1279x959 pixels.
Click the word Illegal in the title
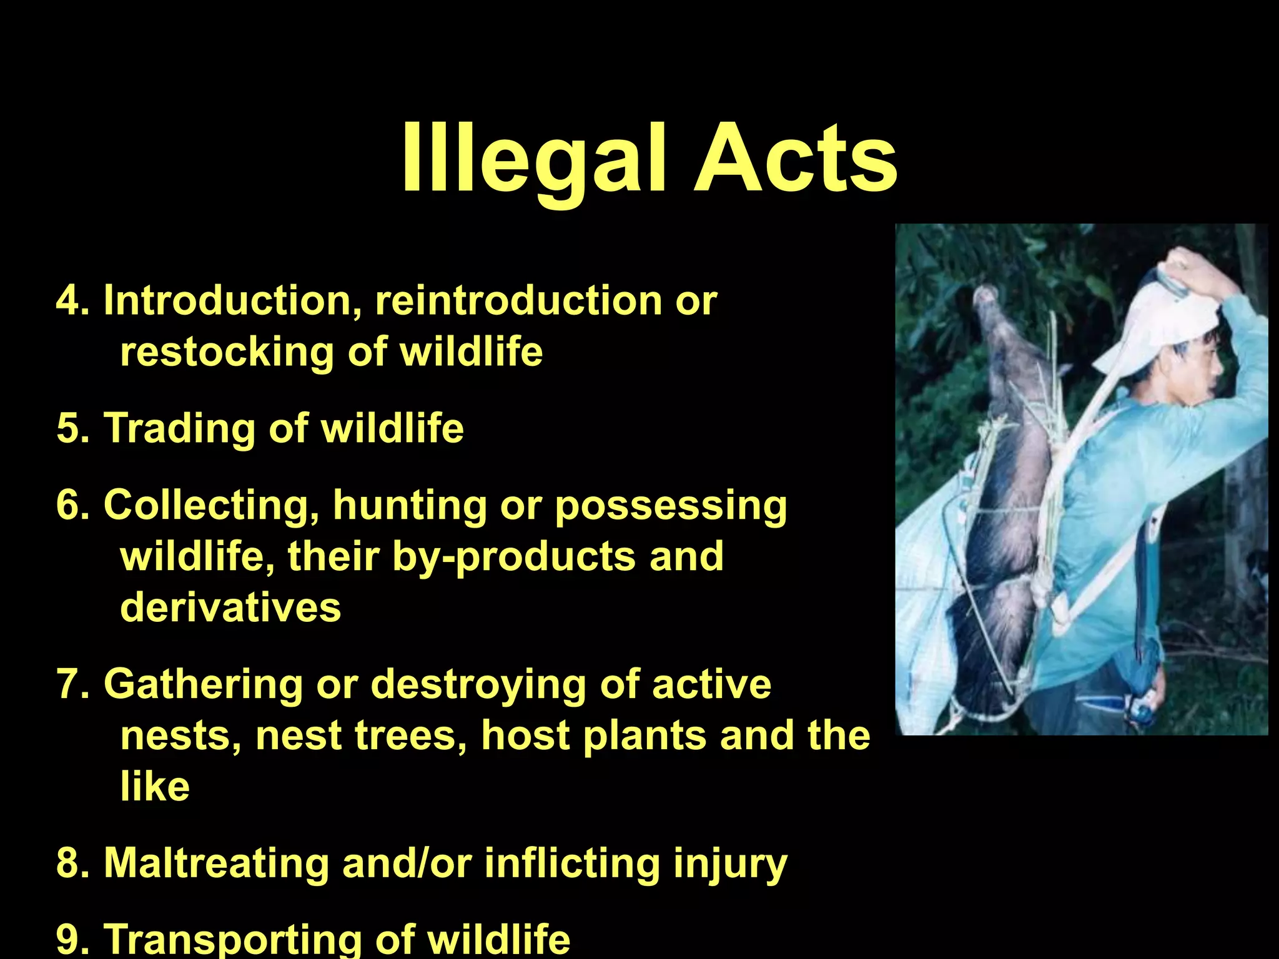pyautogui.click(x=533, y=160)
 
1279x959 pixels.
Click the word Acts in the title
pyautogui.click(x=796, y=160)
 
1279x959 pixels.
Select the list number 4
pyautogui.click(x=70, y=301)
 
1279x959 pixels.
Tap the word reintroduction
pyautogui.click(x=519, y=301)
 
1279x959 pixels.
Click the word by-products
pyautogui.click(x=515, y=557)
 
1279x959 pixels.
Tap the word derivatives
pyautogui.click(x=230, y=607)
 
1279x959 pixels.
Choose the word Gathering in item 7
pyautogui.click(x=204, y=684)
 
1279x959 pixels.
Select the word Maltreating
pyautogui.click(x=216, y=863)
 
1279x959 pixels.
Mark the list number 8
pyautogui.click(x=70, y=863)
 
